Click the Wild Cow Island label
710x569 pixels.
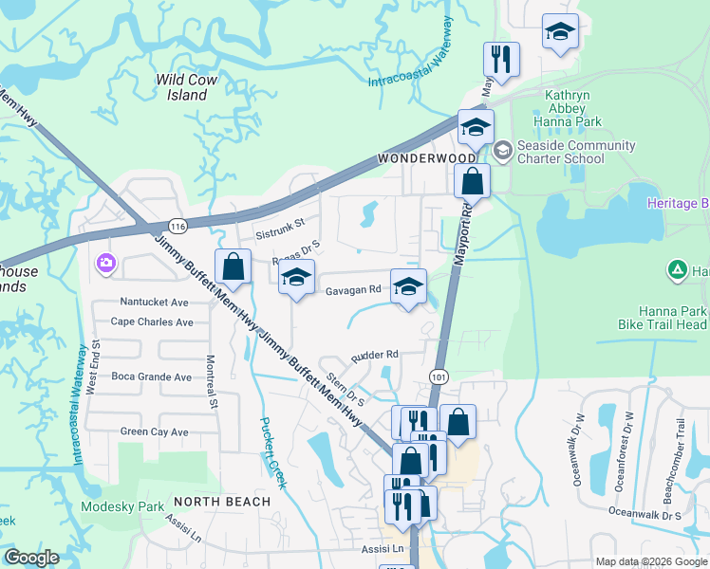pos(187,87)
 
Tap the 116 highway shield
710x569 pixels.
pos(177,225)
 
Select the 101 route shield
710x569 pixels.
pos(438,376)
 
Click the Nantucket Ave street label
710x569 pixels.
pos(154,302)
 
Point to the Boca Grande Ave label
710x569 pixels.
pos(151,376)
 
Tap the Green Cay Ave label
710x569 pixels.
pos(154,431)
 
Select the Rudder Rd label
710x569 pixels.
pos(374,355)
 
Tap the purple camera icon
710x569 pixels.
pos(105,263)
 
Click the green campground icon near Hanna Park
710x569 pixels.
pos(676,270)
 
